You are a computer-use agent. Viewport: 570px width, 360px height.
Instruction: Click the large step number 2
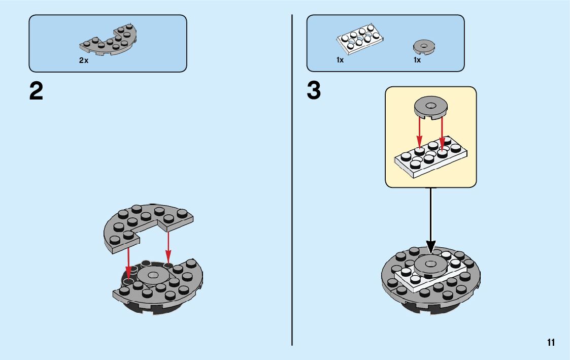(36, 92)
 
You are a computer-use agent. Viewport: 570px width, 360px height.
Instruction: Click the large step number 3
(314, 91)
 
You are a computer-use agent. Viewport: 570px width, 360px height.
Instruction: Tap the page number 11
(551, 343)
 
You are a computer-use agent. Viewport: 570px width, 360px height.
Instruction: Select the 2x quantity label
(83, 60)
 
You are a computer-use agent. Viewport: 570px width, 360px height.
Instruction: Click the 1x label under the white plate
(340, 60)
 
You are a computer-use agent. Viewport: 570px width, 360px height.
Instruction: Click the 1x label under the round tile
(417, 60)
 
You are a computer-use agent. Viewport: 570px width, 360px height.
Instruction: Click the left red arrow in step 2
(128, 262)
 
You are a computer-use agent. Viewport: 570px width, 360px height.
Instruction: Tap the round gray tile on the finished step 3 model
(430, 266)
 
